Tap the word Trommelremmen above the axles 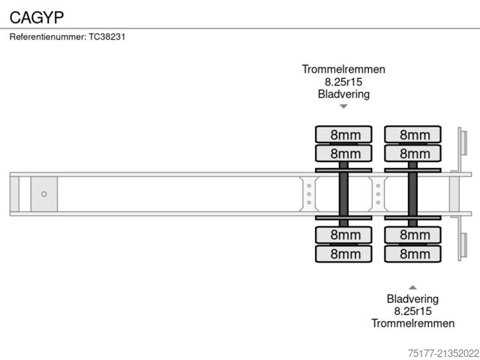343,69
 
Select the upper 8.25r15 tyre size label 343,82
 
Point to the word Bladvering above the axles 343,94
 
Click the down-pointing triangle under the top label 343,106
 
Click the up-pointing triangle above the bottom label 412,287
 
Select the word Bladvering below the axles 412,298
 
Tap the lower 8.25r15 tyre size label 412,311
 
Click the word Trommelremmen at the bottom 412,323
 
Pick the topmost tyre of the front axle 343,135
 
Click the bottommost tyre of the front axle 343,254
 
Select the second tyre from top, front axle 343,154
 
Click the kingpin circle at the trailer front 43,194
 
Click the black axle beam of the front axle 343,194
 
